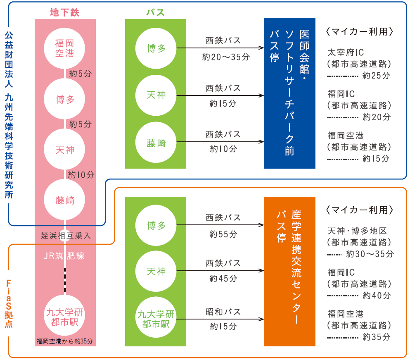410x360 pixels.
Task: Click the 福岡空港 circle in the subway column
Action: tap(65, 48)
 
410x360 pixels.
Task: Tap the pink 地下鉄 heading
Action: tap(64, 12)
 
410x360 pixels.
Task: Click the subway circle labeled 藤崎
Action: tap(65, 200)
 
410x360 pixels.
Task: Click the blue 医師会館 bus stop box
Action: tap(289, 93)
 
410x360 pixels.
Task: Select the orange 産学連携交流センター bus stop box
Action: tap(289, 272)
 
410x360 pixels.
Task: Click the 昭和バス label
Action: tap(223, 312)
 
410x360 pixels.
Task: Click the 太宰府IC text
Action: tap(345, 52)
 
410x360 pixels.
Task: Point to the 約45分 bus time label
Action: tap(223, 279)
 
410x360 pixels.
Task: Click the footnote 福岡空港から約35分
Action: tap(65, 341)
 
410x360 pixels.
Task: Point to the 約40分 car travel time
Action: tap(376, 296)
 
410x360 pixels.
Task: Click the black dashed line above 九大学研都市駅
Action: tap(65, 279)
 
